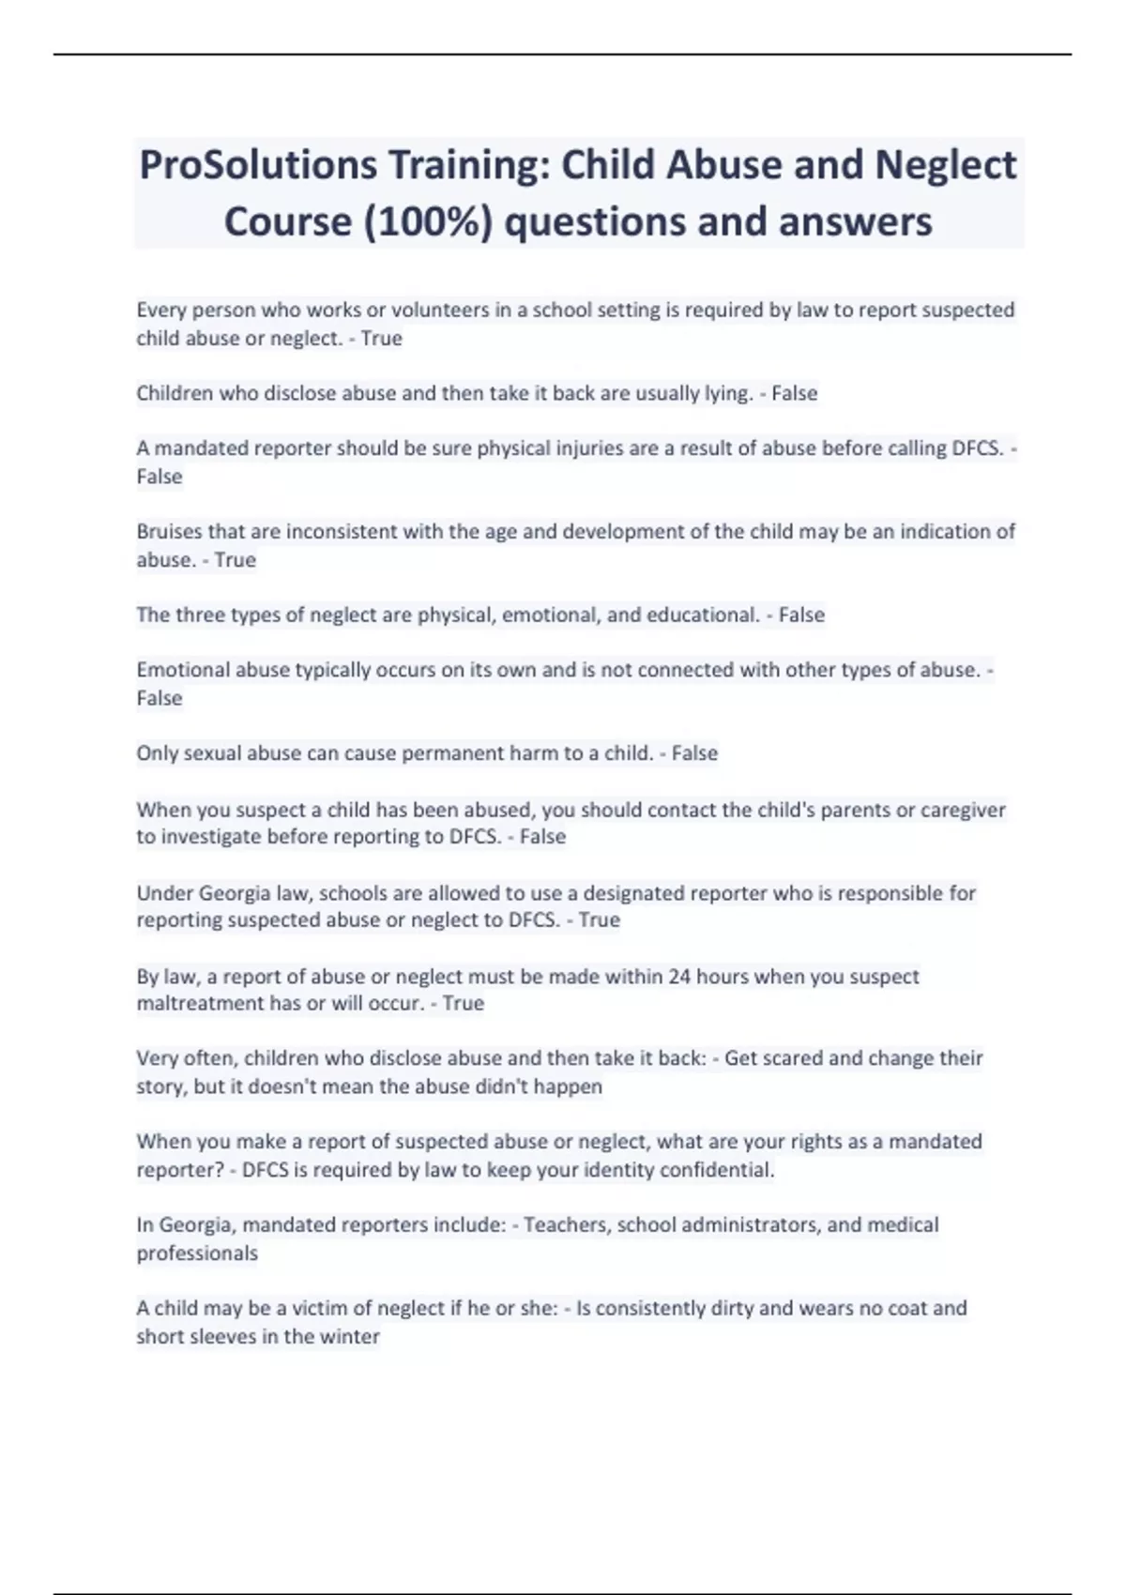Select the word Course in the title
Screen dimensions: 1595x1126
(284, 222)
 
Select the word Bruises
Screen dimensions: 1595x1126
(169, 532)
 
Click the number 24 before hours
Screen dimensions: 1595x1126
(679, 977)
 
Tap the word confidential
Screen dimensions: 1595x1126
(717, 1170)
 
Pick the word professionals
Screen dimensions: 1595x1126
(197, 1253)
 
